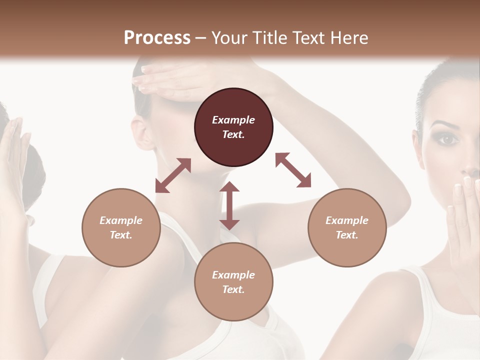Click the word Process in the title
[157, 37]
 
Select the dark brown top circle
[233, 127]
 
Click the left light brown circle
[121, 227]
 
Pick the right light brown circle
[347, 227]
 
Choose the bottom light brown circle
[233, 282]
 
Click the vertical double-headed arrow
[229, 205]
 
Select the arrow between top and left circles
[173, 175]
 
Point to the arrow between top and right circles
[293, 170]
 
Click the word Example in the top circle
[233, 120]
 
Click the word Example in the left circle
[121, 220]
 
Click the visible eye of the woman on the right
[448, 139]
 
